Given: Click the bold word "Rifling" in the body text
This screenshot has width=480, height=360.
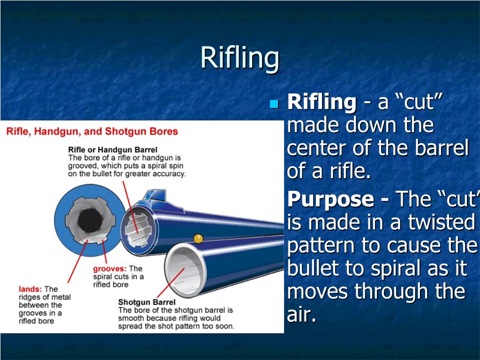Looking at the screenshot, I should click(x=322, y=102).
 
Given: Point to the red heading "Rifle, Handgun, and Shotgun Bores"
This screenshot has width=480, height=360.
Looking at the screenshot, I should click(x=92, y=131).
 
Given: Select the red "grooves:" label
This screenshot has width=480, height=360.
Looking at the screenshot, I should click(x=110, y=269).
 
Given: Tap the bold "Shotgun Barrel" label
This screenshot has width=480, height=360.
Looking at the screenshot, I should click(x=147, y=302).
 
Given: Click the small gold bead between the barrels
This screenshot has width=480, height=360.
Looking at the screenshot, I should click(x=198, y=239).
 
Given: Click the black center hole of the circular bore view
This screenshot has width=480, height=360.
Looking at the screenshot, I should click(x=87, y=219).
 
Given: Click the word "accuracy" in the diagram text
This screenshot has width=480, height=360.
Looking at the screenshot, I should click(x=169, y=173).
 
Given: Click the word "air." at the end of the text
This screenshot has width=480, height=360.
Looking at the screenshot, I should click(x=301, y=315).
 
